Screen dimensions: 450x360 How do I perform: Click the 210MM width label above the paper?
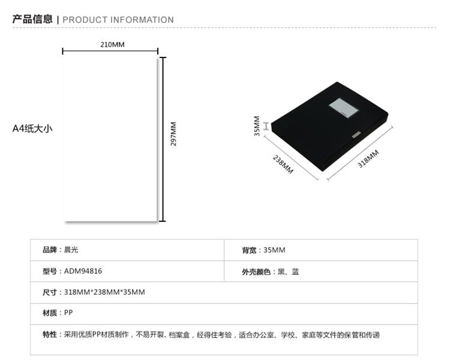(x=112, y=44)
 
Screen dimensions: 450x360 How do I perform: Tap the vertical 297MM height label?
(x=173, y=134)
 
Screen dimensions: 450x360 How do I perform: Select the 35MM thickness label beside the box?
(x=257, y=126)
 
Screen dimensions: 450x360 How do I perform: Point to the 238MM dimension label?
(x=283, y=164)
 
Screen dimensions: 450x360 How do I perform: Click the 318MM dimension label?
(x=368, y=159)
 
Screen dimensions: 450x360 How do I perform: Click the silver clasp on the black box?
(x=356, y=135)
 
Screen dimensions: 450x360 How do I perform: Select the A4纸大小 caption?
(x=32, y=128)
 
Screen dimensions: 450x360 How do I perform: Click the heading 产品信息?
(x=32, y=19)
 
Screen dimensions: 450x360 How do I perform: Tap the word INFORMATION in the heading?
(x=142, y=20)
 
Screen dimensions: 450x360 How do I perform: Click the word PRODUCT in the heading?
(x=85, y=20)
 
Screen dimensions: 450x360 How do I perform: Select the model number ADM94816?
(x=83, y=271)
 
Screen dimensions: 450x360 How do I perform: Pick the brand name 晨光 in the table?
(x=71, y=250)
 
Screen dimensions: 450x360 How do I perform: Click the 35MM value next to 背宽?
(x=274, y=250)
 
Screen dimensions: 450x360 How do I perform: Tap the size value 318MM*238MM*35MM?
(x=104, y=292)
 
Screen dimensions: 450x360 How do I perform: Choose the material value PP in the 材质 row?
(x=68, y=313)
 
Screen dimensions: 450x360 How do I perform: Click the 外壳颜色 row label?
(x=256, y=272)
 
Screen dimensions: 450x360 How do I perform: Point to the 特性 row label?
(x=50, y=334)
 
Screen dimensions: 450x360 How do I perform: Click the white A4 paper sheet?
(x=110, y=139)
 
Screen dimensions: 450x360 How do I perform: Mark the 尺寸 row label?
(x=50, y=292)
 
